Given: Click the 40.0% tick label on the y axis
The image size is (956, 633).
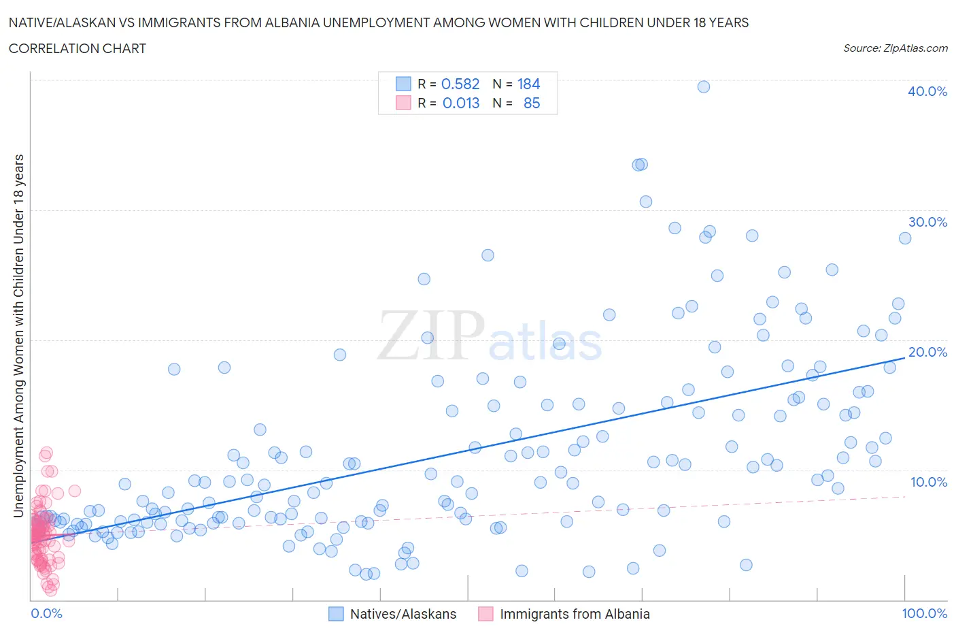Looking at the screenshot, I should tap(927, 91).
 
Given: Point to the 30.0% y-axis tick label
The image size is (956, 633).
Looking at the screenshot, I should tap(927, 222).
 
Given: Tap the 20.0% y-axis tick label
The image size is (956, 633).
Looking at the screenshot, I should tap(927, 352).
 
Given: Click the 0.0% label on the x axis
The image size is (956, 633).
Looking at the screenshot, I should tap(46, 613).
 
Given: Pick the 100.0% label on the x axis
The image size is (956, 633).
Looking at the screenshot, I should tap(924, 613).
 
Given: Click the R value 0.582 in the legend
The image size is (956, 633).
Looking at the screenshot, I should tap(460, 84).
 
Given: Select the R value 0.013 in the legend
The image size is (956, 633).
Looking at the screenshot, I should tap(460, 103).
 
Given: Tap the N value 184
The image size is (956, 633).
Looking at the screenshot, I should tap(528, 84).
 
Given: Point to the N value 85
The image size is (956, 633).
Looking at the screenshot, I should tap(532, 103).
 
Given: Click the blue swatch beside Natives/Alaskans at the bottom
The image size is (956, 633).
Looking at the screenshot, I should tap(336, 614).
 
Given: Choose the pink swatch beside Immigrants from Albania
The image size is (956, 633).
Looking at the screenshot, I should tap(485, 614).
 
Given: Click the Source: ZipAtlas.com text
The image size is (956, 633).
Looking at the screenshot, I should tap(895, 48).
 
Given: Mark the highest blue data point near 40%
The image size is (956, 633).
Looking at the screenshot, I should tap(704, 86).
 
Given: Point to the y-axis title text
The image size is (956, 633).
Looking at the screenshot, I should tap(18, 336).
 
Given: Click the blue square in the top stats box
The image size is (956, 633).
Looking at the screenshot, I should tap(403, 84).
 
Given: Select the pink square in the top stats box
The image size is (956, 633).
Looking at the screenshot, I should tap(403, 103).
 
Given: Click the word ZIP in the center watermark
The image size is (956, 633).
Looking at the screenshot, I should tap(430, 335).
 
